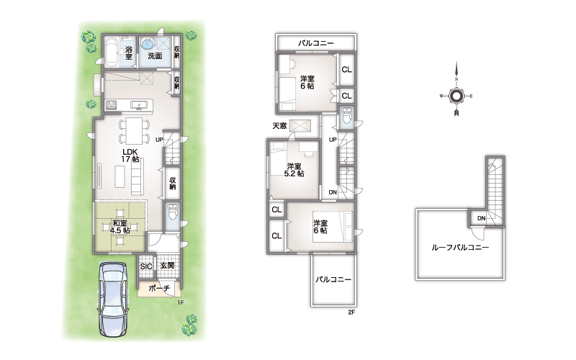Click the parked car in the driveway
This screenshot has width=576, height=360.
113,298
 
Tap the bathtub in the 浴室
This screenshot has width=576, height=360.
112,53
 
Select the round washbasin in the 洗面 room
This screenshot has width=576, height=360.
148,43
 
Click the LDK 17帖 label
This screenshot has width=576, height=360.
130,156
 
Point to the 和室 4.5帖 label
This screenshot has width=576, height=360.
120,227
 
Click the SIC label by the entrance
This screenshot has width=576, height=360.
146,266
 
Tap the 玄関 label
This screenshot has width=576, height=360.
167,265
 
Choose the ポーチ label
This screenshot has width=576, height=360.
159,288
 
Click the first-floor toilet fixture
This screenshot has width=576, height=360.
171,213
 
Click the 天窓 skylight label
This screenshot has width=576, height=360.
279,125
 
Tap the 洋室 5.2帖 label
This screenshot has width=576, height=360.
294,170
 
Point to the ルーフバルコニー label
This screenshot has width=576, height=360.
460,247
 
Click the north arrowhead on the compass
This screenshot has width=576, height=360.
456,68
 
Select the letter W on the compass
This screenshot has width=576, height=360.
441,96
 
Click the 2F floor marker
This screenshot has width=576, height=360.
351,312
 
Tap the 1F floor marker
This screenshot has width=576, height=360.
180,302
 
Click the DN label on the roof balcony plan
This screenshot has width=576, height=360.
481,218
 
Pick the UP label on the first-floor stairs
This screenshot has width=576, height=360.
159,140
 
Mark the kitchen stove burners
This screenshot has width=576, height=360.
112,105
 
